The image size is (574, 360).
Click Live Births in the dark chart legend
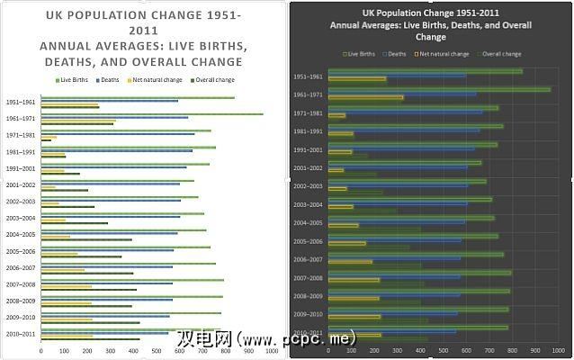coord(357,54)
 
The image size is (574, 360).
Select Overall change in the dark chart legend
coord(502,54)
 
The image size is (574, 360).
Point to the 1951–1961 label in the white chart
coord(19,103)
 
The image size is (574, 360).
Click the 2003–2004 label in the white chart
coord(19,218)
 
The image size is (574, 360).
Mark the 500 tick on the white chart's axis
coord(157,350)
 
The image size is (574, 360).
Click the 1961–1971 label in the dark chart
coord(308,94)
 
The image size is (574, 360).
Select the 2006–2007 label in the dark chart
coord(308,258)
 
